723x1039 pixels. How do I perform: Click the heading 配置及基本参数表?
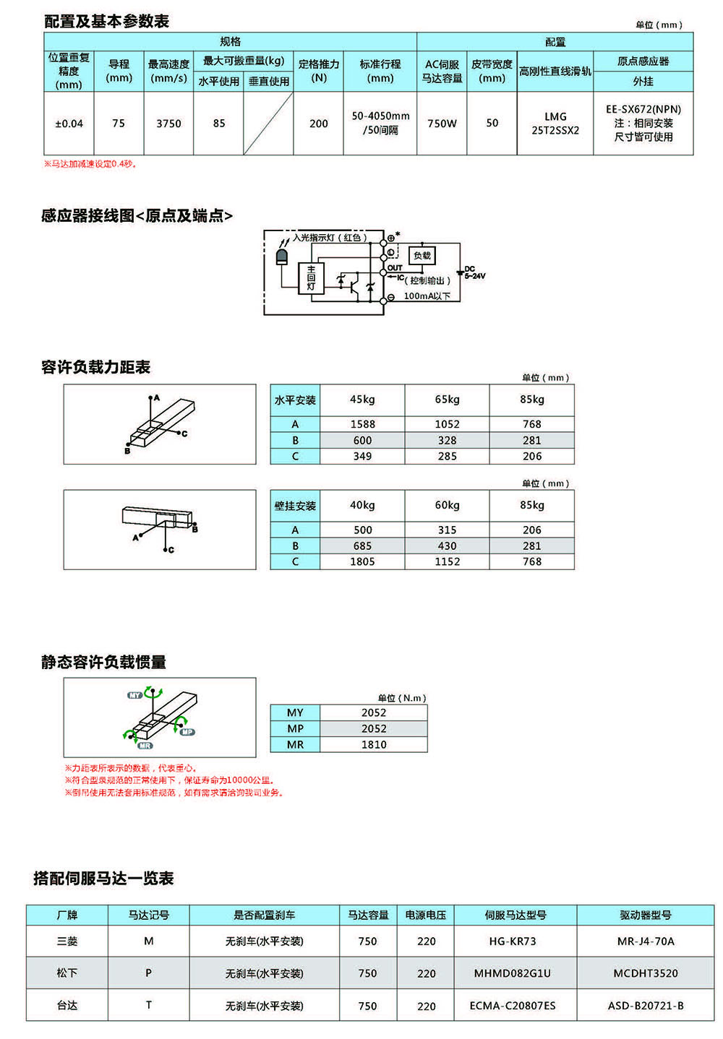coord(106,21)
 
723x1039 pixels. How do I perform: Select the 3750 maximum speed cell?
coord(168,124)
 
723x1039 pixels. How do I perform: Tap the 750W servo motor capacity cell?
coord(442,124)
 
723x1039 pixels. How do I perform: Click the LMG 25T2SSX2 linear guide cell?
coord(555,124)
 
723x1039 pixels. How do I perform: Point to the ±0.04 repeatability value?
coord(69,124)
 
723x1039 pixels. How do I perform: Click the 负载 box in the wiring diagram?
coord(422,255)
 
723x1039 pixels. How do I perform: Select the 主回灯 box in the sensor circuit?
coord(311,278)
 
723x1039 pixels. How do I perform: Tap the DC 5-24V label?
coord(474,272)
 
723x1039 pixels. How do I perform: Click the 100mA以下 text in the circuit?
coord(427,296)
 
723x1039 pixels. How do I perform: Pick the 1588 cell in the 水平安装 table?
coord(362,424)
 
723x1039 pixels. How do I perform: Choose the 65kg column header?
coord(447,400)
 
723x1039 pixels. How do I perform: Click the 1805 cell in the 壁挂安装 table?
coord(362,561)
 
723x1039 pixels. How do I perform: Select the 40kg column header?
coord(362,505)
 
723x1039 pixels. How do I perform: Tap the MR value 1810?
coord(374,744)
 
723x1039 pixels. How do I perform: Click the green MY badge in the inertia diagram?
coord(135,695)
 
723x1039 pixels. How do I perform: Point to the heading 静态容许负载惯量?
coord(103,662)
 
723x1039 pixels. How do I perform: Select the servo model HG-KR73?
coord(513,941)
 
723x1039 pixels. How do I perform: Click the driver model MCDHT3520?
coord(646,973)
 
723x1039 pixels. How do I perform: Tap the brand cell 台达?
coord(67,1005)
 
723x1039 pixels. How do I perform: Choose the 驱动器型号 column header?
coord(646,915)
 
